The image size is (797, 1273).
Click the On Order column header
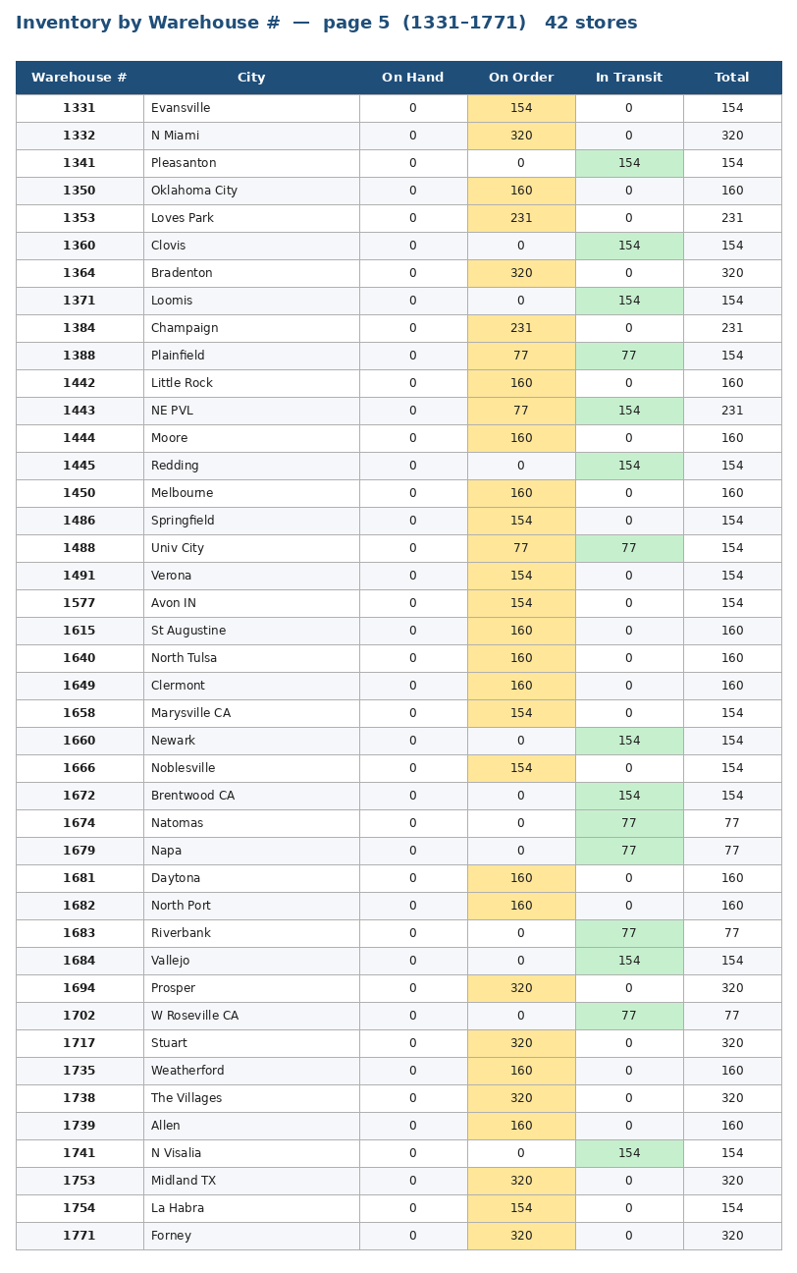521,78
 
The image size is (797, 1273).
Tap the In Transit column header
629,78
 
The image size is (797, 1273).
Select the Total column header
731,78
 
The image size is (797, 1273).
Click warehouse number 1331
79,108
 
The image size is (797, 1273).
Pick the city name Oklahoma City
194,191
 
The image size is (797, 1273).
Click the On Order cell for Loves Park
521,218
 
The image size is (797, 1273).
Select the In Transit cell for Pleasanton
629,163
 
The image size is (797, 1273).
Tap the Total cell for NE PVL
731,411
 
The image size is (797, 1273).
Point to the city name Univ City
178,548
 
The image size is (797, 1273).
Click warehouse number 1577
79,603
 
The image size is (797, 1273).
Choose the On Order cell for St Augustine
521,631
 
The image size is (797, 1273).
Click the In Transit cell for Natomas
629,823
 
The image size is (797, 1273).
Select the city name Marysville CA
190,713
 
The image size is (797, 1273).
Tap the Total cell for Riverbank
731,933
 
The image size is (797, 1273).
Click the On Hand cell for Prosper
413,988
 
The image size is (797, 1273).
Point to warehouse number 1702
79,1016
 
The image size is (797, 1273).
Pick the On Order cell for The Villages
521,1098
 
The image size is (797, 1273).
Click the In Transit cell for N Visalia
629,1153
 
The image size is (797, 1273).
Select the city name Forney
171,1236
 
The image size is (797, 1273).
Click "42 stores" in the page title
591,23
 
